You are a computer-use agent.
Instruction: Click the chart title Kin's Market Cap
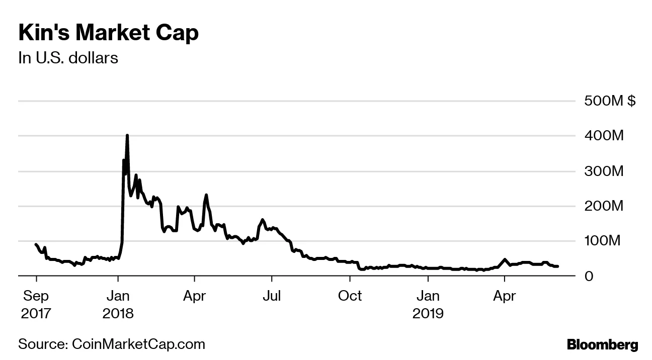coord(108,33)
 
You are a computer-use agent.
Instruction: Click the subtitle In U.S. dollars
coord(68,58)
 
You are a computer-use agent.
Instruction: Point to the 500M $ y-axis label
coord(610,101)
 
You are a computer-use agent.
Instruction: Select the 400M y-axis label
coord(604,136)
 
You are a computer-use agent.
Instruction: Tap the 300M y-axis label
coord(604,171)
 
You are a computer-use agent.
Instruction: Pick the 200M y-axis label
coord(604,206)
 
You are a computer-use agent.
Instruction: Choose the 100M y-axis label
coord(604,241)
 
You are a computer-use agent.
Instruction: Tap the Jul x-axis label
coord(272,296)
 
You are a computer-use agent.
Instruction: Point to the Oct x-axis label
coord(350,296)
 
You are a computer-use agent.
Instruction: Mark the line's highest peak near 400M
coord(127,135)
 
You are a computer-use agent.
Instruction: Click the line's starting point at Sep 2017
coord(36,244)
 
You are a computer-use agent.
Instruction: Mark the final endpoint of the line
coord(558,266)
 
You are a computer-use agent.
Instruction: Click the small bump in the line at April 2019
coord(504,259)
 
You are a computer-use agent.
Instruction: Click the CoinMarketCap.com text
coord(139,344)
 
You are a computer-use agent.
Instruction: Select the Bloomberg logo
coord(602,345)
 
